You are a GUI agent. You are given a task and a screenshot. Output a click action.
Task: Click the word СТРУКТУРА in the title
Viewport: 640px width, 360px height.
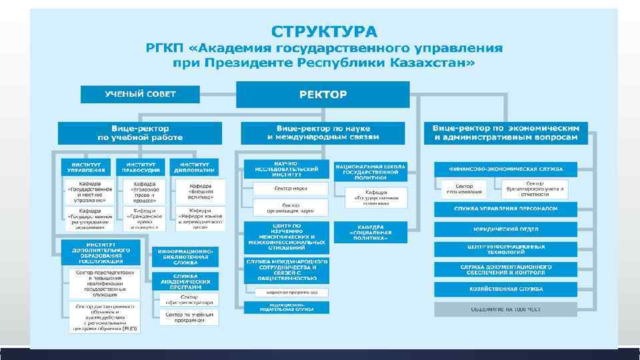pyautogui.click(x=323, y=31)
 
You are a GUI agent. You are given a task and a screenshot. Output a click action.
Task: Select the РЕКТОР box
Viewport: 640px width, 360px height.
pyautogui.click(x=323, y=94)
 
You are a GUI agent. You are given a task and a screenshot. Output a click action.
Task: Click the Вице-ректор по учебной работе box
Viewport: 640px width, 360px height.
pyautogui.click(x=140, y=133)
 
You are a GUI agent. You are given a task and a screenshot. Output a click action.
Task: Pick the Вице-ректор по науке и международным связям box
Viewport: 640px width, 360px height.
pyautogui.click(x=323, y=132)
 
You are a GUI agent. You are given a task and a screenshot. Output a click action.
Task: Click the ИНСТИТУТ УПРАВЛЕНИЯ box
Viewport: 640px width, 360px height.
pyautogui.click(x=86, y=167)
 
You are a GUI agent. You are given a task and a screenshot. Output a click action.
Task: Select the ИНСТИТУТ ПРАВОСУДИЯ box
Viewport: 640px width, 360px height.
pyautogui.click(x=141, y=167)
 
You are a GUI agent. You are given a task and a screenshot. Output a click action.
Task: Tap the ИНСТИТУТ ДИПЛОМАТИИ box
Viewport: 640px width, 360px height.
pyautogui.click(x=194, y=167)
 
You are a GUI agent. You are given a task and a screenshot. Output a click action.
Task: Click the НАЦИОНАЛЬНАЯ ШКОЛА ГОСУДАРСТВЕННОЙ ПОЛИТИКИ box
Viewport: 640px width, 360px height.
pyautogui.click(x=371, y=171)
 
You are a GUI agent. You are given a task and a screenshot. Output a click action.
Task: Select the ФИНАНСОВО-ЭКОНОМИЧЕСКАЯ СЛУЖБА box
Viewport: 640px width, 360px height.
pyautogui.click(x=506, y=169)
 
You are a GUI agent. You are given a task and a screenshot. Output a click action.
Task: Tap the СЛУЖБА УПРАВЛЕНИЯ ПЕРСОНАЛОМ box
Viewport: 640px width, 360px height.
pyautogui.click(x=506, y=209)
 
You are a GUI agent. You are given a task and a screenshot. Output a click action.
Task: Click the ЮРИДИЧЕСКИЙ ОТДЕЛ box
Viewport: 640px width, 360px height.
pyautogui.click(x=506, y=229)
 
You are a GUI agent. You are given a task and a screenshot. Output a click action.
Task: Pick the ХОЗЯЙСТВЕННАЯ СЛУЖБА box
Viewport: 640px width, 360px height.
pyautogui.click(x=506, y=289)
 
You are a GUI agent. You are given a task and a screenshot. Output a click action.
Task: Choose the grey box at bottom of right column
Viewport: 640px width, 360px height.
pyautogui.click(x=506, y=309)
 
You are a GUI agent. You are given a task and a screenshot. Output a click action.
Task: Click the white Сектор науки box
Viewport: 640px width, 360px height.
pyautogui.click(x=290, y=189)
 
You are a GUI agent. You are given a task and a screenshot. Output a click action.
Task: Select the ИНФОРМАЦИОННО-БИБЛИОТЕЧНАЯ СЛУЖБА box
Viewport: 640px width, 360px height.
pyautogui.click(x=185, y=257)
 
